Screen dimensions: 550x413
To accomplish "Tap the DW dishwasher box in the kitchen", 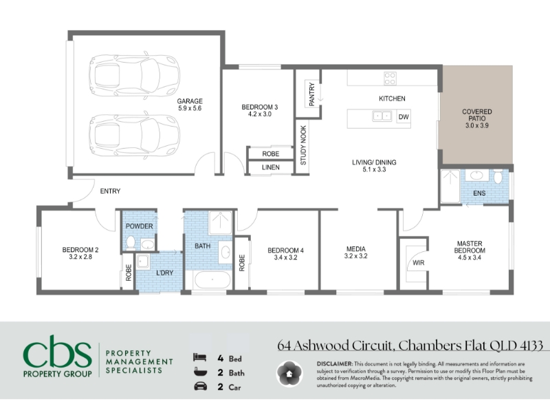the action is [404, 117].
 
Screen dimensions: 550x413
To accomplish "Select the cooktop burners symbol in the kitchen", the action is [390, 78].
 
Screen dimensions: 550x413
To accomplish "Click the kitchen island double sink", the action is [382, 116].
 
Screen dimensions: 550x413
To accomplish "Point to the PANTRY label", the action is [312, 94].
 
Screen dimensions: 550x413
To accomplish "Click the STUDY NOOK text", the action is [303, 145].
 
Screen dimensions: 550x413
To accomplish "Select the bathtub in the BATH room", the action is [212, 280].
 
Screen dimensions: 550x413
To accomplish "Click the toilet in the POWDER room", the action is [131, 242].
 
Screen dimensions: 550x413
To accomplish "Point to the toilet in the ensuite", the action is [498, 177].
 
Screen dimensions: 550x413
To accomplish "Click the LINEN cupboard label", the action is [271, 167].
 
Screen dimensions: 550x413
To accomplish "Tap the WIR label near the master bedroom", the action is [419, 263].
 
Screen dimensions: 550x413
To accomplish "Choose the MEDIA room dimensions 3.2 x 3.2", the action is [355, 256].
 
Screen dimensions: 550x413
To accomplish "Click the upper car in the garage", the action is [134, 76].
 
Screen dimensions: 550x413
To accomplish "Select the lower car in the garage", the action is [134, 136].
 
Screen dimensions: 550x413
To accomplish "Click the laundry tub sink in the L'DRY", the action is [143, 262].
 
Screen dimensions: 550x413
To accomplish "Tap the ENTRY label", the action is [110, 191].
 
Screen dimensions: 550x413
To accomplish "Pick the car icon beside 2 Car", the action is [200, 386].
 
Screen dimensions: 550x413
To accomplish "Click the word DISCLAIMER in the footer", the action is [334, 364].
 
